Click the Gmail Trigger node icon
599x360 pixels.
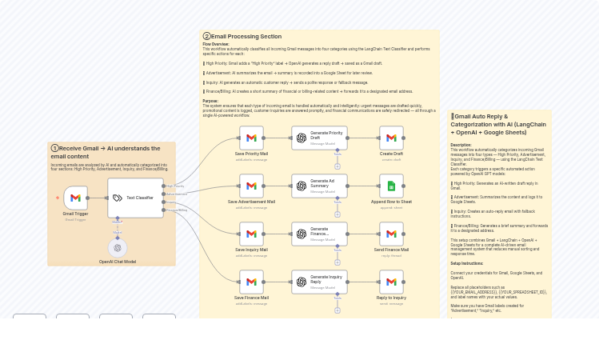click(75, 198)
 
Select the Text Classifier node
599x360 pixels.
click(135, 198)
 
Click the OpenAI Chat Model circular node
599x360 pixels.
click(118, 248)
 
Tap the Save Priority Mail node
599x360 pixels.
click(251, 138)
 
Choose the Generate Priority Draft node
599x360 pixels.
click(319, 138)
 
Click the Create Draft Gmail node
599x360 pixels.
click(391, 138)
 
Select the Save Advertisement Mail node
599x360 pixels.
click(251, 186)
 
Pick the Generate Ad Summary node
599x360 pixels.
click(319, 186)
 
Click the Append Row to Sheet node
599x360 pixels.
click(391, 186)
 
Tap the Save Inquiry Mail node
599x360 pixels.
click(251, 234)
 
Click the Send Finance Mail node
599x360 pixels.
click(391, 234)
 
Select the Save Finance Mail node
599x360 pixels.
click(251, 282)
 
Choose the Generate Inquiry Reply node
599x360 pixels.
click(319, 282)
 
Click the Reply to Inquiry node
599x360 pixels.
click(391, 282)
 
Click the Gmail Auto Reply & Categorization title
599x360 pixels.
click(499, 124)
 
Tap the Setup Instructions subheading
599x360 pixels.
click(467, 263)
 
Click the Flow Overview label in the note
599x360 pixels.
click(216, 45)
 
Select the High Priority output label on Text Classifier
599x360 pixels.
click(175, 186)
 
